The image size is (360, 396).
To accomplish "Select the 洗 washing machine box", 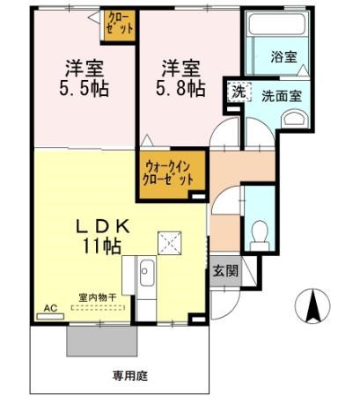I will pyautogui.click(x=239, y=91).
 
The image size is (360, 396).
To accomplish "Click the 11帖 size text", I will pyautogui.click(x=103, y=247).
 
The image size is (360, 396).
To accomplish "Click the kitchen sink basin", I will pyautogui.click(x=145, y=275).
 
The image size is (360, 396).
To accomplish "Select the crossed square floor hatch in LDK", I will pyautogui.click(x=168, y=241).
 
